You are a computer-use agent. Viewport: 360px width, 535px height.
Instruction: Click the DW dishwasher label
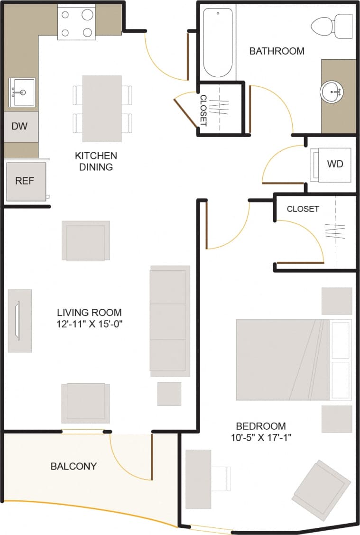coord(19,126)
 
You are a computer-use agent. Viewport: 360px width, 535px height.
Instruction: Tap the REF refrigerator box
coord(25,181)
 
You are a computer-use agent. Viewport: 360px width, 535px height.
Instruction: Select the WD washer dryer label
coord(334,164)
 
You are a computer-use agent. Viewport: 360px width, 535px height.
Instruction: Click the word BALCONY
coord(74,466)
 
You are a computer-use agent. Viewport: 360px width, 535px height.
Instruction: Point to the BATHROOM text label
coord(277,51)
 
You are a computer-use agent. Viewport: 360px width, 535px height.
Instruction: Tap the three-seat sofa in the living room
coord(169,321)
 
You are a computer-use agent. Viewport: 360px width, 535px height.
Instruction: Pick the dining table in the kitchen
coord(102,109)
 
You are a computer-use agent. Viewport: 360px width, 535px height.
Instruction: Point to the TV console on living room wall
coord(20,321)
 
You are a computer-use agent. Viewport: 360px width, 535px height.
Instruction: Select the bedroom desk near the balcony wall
coord(198,479)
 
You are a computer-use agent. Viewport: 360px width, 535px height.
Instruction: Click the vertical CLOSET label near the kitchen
coord(203,111)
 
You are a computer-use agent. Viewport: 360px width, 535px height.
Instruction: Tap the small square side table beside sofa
coord(169,394)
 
